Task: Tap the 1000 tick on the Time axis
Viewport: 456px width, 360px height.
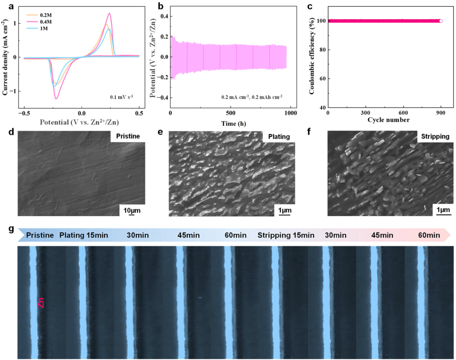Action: click(x=290, y=114)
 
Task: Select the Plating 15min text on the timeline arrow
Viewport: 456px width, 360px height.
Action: click(x=84, y=235)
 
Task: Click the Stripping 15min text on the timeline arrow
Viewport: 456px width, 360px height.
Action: click(x=286, y=235)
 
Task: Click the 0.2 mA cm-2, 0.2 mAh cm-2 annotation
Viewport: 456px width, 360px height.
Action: click(x=252, y=96)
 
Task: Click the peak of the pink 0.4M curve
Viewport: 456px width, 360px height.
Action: click(x=109, y=13)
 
